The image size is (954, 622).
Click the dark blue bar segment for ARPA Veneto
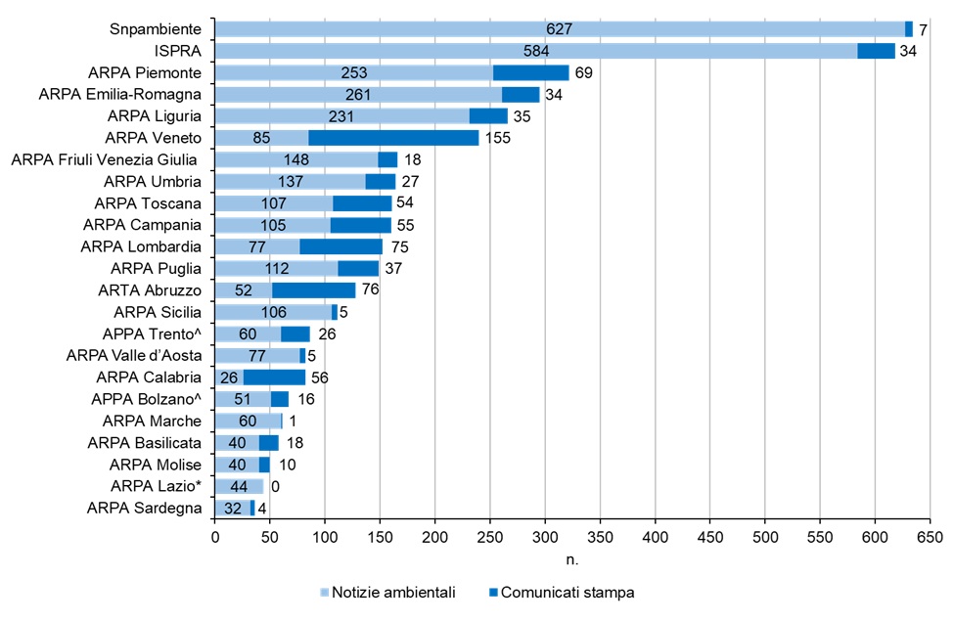pos(393,138)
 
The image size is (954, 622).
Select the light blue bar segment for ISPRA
pos(391,51)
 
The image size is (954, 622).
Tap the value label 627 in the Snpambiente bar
pos(559,29)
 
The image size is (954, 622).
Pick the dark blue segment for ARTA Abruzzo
pos(313,290)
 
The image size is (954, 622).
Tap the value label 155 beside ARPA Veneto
pos(496,138)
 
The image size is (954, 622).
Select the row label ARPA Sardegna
pos(145,508)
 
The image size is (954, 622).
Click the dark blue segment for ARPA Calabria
pos(274,378)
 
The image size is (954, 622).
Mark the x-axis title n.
pos(572,559)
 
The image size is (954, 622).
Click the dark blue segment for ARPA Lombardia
pos(341,246)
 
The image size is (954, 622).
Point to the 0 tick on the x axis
pos(214,536)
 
